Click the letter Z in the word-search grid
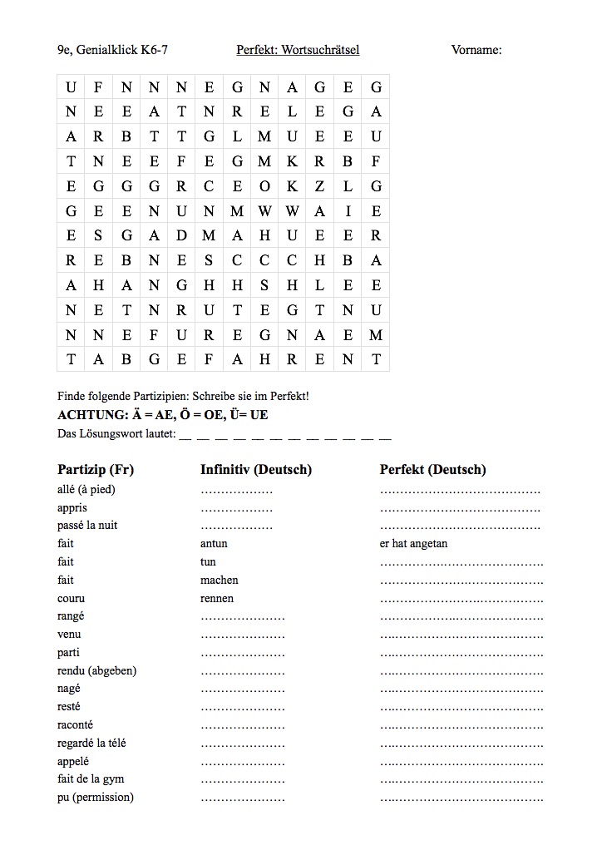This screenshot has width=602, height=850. (320, 186)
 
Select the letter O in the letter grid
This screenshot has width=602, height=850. (264, 186)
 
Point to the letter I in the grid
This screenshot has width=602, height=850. (348, 211)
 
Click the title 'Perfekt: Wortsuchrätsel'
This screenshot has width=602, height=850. (298, 51)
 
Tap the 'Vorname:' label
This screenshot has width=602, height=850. (476, 51)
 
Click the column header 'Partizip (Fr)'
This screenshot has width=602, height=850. (96, 470)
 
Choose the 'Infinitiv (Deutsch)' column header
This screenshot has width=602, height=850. (256, 470)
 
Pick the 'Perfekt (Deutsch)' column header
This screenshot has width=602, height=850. (433, 470)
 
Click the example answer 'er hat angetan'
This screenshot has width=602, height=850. (413, 544)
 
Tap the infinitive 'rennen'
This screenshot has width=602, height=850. (217, 598)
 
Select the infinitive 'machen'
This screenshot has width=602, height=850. (220, 580)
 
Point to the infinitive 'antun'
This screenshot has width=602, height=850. (214, 544)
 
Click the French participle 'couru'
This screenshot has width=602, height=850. (72, 598)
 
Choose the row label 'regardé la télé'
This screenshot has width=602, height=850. (91, 743)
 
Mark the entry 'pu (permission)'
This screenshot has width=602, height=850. (96, 798)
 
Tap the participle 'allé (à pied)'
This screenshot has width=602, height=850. (86, 489)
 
